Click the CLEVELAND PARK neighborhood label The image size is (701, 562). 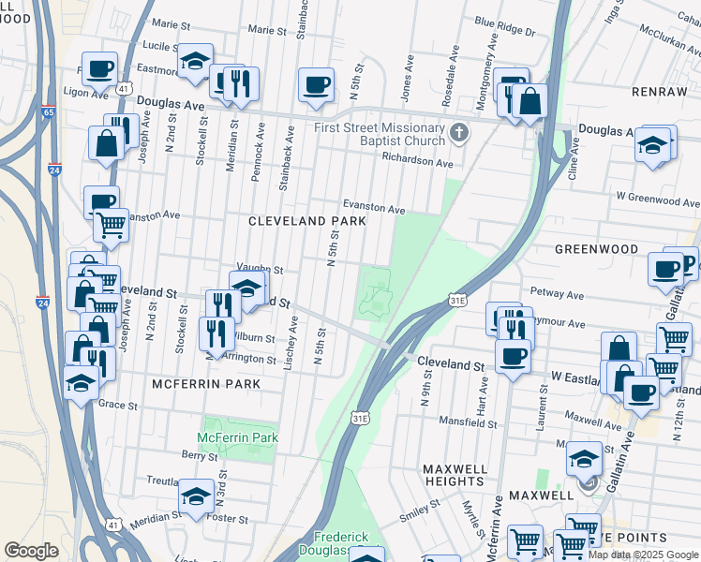tap(306, 221)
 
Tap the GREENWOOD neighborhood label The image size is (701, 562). tap(595, 250)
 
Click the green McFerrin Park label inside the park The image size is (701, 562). tap(238, 437)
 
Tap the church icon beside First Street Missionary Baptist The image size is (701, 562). tap(458, 131)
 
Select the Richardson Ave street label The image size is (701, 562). tap(416, 162)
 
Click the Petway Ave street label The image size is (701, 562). tap(557, 294)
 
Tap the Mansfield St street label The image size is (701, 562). tap(471, 423)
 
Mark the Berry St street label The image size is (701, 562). tap(200, 455)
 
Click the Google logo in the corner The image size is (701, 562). tap(31, 551)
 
